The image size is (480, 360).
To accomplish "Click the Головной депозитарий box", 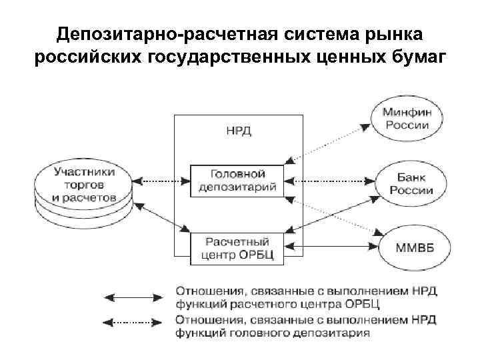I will (x=237, y=180).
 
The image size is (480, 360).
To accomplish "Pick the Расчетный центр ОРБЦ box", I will (x=237, y=247).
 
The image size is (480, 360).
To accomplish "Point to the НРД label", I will (x=239, y=131).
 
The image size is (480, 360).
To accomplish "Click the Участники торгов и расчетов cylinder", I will (x=85, y=185).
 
